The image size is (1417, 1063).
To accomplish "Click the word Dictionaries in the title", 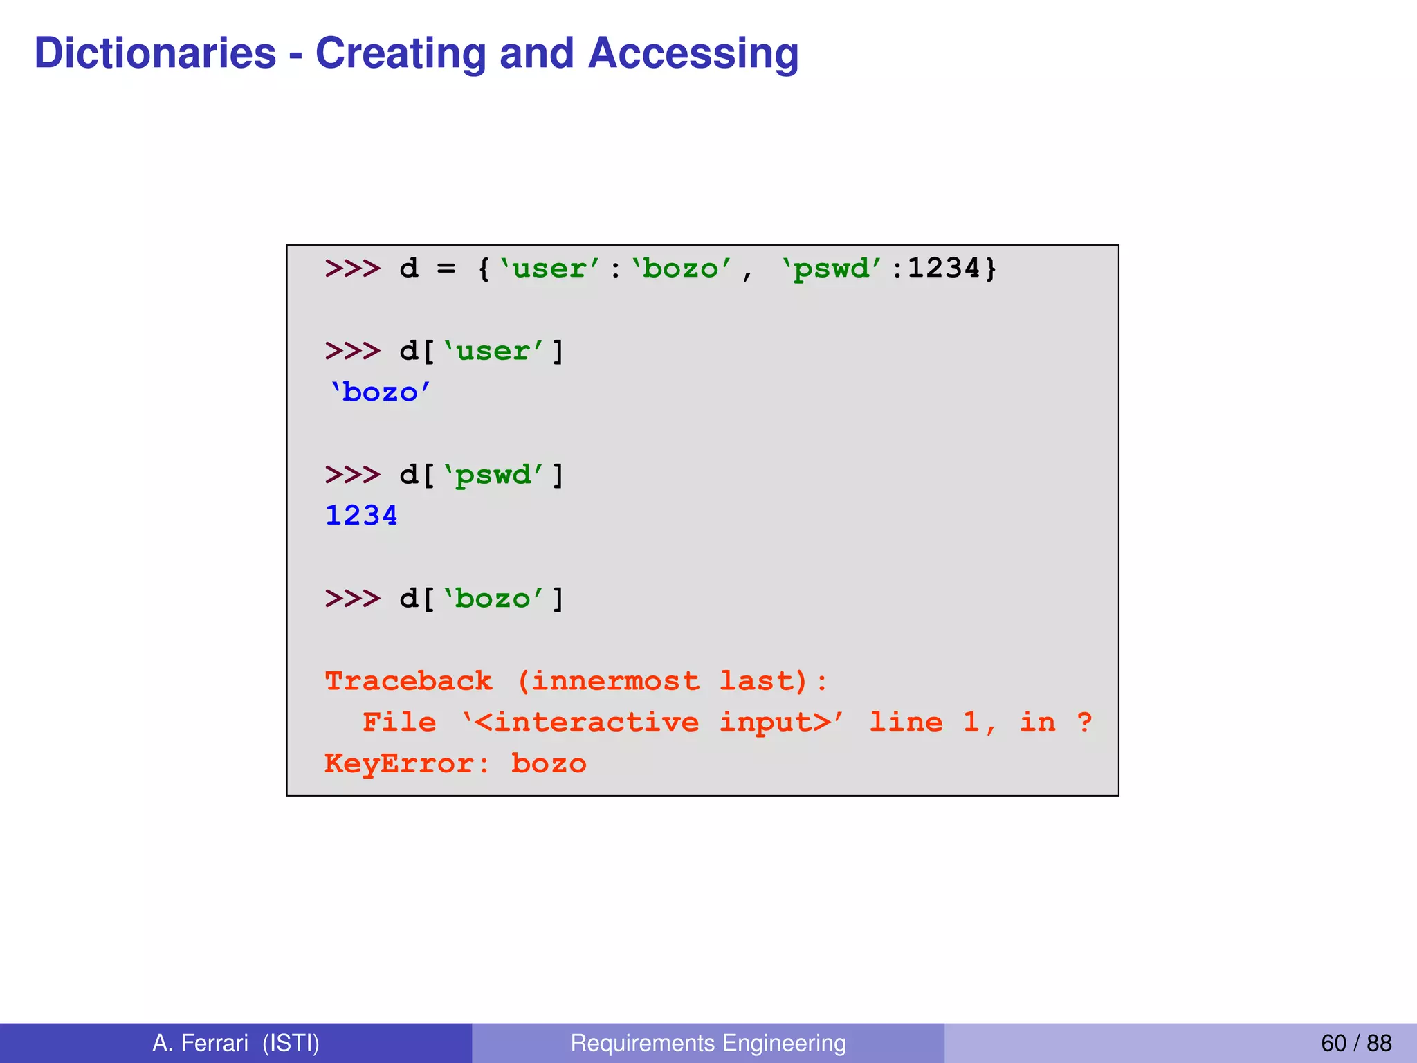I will pyautogui.click(x=155, y=53).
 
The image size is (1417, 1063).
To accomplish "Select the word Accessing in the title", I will pyautogui.click(x=693, y=53).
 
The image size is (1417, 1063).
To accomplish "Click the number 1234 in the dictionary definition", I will pyautogui.click(x=944, y=269).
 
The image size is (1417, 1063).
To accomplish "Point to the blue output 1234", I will pyautogui.click(x=361, y=516).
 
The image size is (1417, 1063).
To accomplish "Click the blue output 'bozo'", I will pyautogui.click(x=380, y=392).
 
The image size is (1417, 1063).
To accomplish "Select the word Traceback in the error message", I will pyautogui.click(x=408, y=681).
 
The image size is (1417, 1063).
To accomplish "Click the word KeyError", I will pyautogui.click(x=399, y=763).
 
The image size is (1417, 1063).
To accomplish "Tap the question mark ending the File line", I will pyautogui.click(x=1084, y=723).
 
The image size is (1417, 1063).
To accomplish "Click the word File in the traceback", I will pyautogui.click(x=399, y=723).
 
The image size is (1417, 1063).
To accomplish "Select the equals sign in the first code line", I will pyautogui.click(x=446, y=269).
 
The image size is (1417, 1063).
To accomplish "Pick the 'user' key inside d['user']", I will pyautogui.click(x=493, y=352).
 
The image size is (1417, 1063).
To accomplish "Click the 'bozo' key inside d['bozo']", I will pyautogui.click(x=493, y=599).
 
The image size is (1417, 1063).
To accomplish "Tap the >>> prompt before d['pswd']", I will pyautogui.click(x=352, y=475).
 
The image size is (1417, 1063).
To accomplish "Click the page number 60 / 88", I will pyautogui.click(x=1355, y=1043).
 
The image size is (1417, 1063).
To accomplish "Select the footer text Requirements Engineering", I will pyautogui.click(x=708, y=1043).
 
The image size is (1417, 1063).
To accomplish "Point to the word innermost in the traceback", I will pyautogui.click(x=614, y=681).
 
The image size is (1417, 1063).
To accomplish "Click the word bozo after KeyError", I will pyautogui.click(x=549, y=763).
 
